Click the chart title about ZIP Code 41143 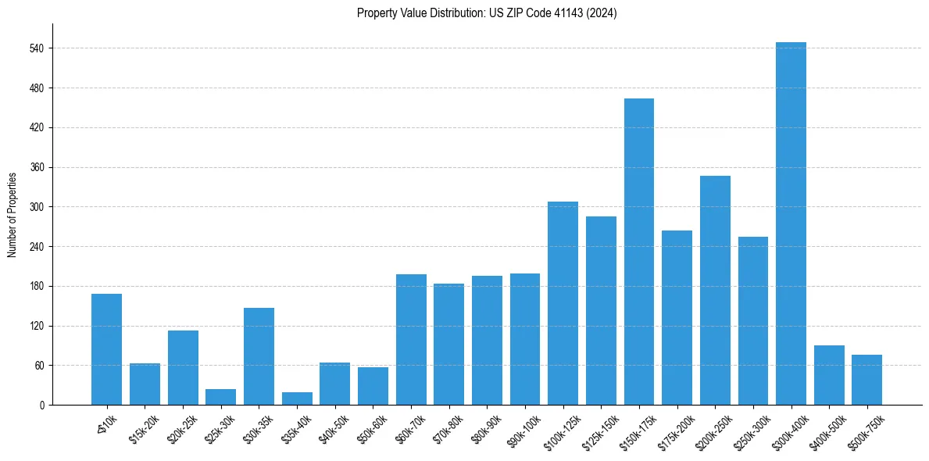(487, 13)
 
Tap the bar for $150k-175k (638, 252)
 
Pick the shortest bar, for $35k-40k (297, 398)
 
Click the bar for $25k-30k (220, 397)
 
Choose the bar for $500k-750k (866, 380)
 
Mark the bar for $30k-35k (259, 356)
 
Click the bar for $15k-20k (145, 384)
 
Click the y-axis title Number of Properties (13, 215)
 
